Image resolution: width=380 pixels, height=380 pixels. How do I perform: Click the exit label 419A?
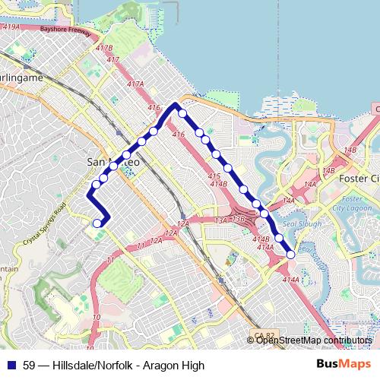[11, 27]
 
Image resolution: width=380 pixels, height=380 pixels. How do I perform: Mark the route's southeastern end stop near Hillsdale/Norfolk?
[290, 256]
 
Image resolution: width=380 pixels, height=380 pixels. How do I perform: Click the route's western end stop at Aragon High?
[97, 223]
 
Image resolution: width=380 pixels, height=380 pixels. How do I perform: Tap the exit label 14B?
[350, 150]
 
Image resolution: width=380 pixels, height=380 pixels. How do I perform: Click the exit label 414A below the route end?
[290, 280]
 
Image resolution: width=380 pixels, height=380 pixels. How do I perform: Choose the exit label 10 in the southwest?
[96, 317]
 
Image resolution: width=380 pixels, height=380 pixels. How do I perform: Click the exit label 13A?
[221, 220]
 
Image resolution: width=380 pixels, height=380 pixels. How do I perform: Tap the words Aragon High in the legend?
[178, 366]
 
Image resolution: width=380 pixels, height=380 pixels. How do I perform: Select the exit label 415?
[214, 176]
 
